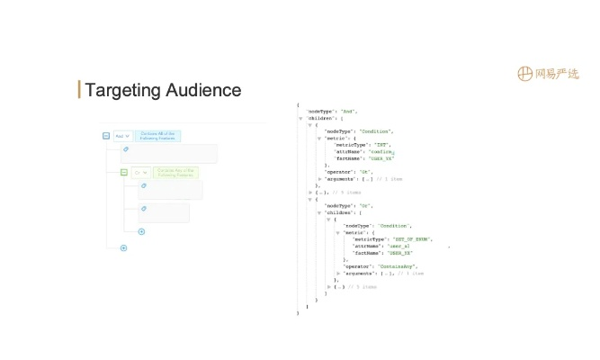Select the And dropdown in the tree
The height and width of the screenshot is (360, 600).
pyautogui.click(x=122, y=136)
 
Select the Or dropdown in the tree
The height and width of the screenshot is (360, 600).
pyautogui.click(x=140, y=172)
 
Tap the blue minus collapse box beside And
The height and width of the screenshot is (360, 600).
pyautogui.click(x=106, y=136)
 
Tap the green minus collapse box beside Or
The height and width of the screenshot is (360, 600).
pyautogui.click(x=124, y=172)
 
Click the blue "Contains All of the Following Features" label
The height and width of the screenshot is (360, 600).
pyautogui.click(x=159, y=136)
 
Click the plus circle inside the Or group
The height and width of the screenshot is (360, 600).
pyautogui.click(x=141, y=231)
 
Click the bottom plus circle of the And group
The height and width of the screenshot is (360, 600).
pyautogui.click(x=123, y=247)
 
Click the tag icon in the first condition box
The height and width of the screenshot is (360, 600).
pyautogui.click(x=126, y=149)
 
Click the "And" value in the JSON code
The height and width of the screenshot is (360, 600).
pyautogui.click(x=349, y=111)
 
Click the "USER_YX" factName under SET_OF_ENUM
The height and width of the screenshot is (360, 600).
pyautogui.click(x=399, y=252)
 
